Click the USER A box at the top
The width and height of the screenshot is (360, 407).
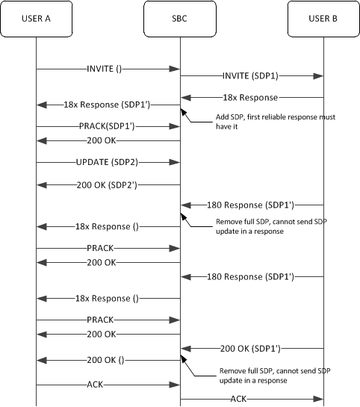[x=36, y=17]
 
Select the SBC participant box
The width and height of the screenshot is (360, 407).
[x=179, y=17]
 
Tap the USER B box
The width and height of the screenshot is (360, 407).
[x=323, y=17]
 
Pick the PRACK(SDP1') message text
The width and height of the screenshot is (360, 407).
[x=107, y=125]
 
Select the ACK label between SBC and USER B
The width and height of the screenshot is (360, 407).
[x=238, y=399]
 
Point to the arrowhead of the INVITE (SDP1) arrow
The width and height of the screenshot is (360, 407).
[x=320, y=75]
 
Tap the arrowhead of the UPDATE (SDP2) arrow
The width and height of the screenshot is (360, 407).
[x=176, y=161]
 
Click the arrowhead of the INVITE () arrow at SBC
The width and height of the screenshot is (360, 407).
[x=176, y=69]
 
